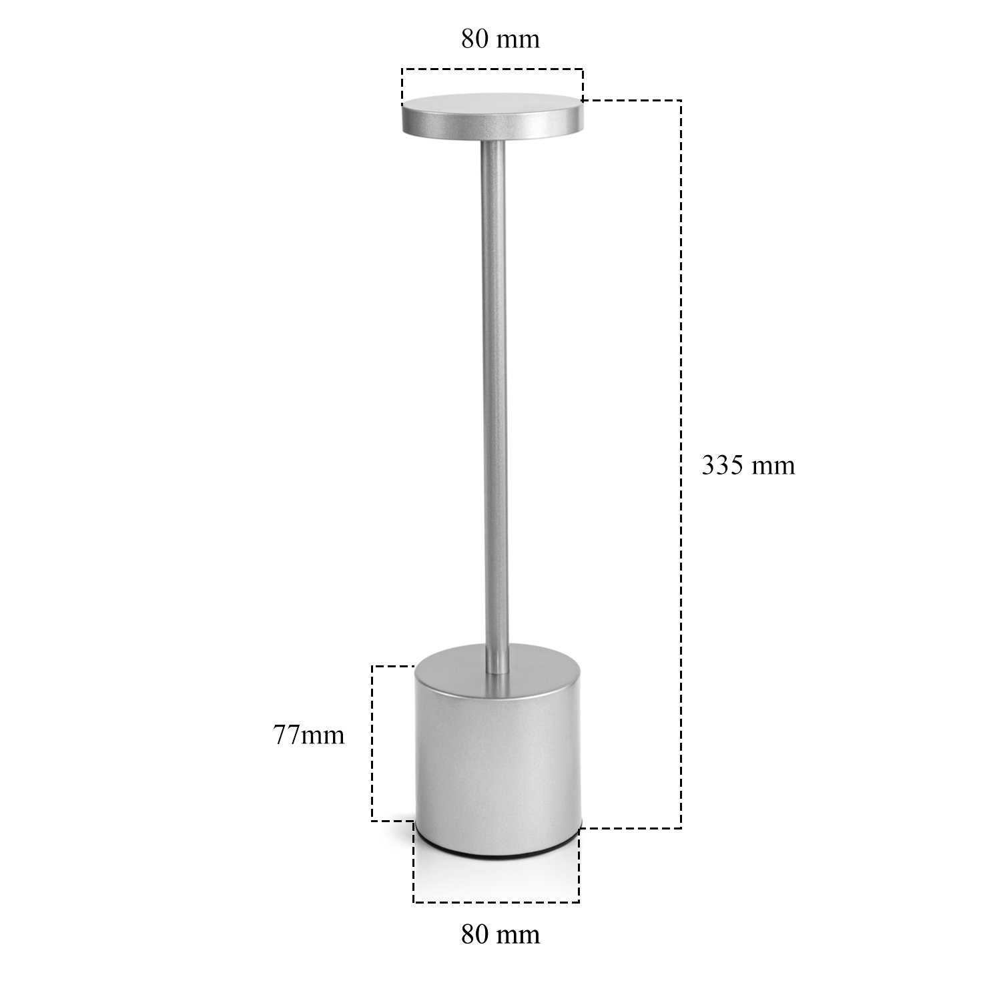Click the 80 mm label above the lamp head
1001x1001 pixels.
500,39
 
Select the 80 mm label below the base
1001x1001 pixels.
500,934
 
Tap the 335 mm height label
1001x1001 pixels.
748,465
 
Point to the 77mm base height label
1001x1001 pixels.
308,735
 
